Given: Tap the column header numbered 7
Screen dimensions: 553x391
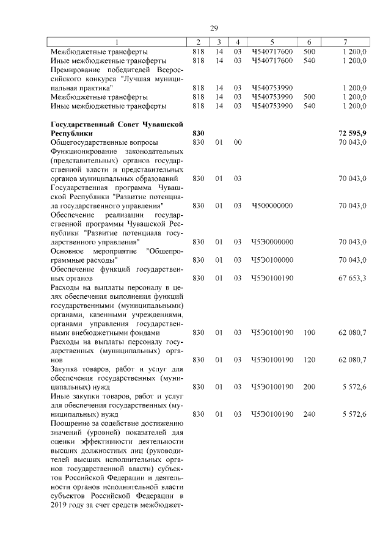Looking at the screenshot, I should pos(346,42).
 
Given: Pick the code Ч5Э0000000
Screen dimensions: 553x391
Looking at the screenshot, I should pos(272,242).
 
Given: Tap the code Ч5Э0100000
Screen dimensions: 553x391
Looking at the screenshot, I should pos(272,260).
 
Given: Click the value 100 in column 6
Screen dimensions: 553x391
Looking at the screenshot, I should pos(309,332).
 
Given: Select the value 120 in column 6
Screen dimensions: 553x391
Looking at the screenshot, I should pos(309,360).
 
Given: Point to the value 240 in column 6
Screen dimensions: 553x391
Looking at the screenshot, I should pos(309,414).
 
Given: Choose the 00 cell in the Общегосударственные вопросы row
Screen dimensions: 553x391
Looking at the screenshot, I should pos(238,142).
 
